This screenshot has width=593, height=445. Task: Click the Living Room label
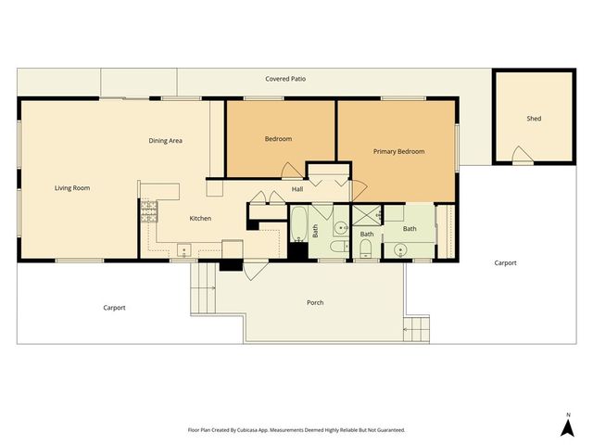[72, 188]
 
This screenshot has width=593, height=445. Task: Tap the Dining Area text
[166, 141]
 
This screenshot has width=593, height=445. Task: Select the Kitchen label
[200, 219]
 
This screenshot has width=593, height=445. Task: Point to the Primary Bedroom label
[398, 151]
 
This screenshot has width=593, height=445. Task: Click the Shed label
[534, 119]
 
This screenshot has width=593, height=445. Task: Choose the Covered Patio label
[285, 80]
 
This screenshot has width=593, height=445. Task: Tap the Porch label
[315, 303]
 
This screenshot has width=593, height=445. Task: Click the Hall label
[297, 190]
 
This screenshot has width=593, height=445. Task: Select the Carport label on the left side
[114, 308]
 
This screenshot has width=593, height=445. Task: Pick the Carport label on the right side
[505, 263]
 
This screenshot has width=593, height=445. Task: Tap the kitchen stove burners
[147, 212]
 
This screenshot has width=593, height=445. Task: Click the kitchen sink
[184, 250]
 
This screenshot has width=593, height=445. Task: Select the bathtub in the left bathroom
[300, 226]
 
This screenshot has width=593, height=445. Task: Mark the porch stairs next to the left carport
[204, 287]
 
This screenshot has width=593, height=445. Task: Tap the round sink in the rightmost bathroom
[400, 248]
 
